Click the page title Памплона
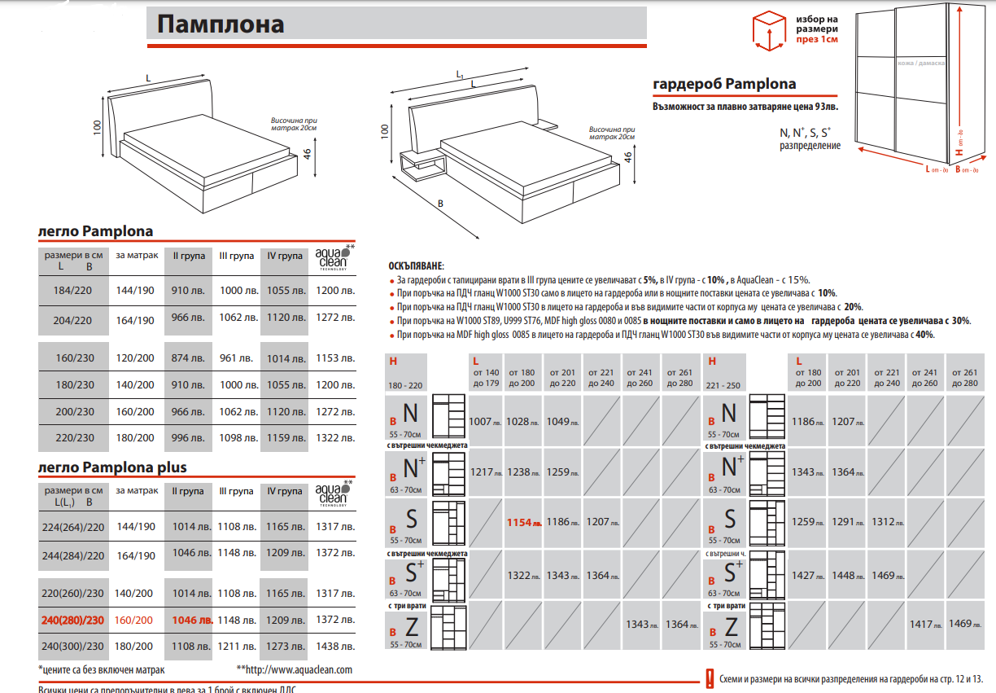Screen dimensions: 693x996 [221, 24]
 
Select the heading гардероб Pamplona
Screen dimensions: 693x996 [725, 84]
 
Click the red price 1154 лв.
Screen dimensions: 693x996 [524, 522]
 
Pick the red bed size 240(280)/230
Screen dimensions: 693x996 [73, 620]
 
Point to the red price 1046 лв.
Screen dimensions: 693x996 [192, 620]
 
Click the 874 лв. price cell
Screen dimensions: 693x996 [188, 358]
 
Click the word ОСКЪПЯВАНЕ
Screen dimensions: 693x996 [417, 266]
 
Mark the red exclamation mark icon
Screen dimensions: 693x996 [710, 678]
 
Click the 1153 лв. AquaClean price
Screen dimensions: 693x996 [334, 358]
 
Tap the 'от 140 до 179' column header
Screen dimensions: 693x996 [487, 378]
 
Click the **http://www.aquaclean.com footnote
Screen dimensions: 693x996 [294, 669]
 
